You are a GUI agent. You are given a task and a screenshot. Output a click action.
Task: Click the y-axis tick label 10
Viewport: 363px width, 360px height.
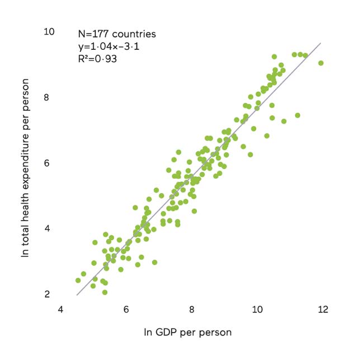click(x=50, y=31)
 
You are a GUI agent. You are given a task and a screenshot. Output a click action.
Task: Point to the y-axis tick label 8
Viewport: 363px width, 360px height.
click(x=49, y=97)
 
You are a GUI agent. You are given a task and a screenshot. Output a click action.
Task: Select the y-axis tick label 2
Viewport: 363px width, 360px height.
click(x=49, y=294)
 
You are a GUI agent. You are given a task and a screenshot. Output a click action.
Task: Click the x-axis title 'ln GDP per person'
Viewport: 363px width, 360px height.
click(x=188, y=332)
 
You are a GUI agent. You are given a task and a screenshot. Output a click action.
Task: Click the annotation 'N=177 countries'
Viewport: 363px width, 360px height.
click(x=117, y=34)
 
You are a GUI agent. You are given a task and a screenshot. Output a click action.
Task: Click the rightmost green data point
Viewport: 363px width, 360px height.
click(x=320, y=63)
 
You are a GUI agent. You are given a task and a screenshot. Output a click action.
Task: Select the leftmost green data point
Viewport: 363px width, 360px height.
click(x=78, y=280)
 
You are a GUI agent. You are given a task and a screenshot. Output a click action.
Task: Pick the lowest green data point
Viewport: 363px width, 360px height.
click(x=105, y=292)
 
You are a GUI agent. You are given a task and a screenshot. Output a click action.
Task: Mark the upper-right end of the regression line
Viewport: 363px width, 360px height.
click(x=320, y=43)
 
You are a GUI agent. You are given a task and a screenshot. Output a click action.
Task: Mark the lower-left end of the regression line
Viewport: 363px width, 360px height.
click(x=77, y=295)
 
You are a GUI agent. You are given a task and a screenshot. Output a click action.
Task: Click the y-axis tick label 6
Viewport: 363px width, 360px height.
click(x=49, y=163)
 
